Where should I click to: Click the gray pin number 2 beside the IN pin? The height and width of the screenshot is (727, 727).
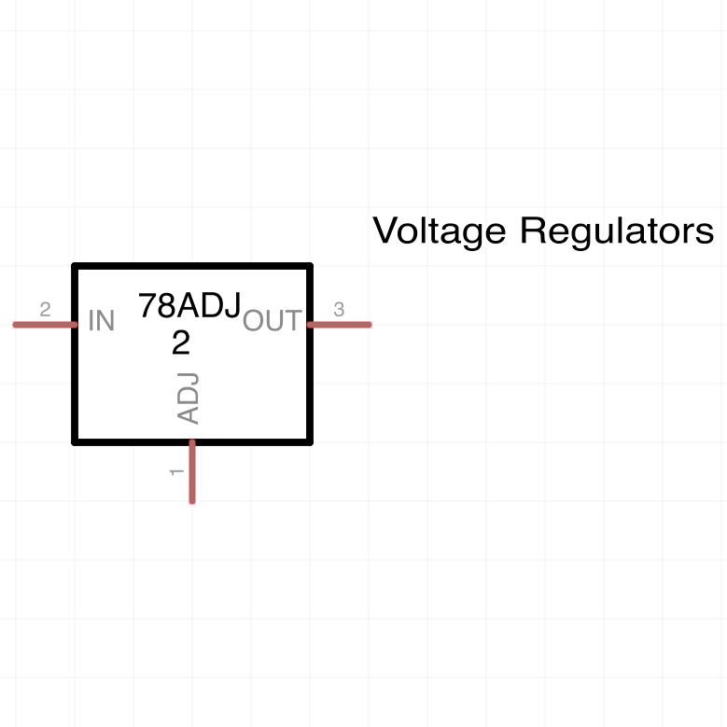pyautogui.click(x=45, y=309)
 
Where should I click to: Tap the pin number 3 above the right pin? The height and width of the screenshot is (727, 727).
pyautogui.click(x=339, y=309)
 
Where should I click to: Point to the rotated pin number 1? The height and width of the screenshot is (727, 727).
pyautogui.click(x=176, y=472)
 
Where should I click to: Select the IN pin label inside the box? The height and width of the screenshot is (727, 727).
pyautogui.click(x=101, y=320)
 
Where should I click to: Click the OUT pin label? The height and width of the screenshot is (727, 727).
pyautogui.click(x=273, y=320)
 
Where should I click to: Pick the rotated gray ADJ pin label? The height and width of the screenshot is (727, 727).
pyautogui.click(x=189, y=398)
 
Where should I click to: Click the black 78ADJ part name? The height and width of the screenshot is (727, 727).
pyautogui.click(x=189, y=305)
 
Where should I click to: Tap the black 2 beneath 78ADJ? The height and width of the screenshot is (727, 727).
pyautogui.click(x=181, y=343)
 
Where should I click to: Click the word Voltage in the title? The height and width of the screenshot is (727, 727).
pyautogui.click(x=439, y=231)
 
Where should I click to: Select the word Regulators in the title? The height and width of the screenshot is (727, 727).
pyautogui.click(x=617, y=230)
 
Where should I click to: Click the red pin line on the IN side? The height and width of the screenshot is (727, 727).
pyautogui.click(x=45, y=325)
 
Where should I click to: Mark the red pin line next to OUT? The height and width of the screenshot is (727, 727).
pyautogui.click(x=340, y=325)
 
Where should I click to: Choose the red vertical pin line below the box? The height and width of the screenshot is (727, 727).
pyautogui.click(x=192, y=471)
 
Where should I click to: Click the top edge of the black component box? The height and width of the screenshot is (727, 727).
pyautogui.click(x=192, y=266)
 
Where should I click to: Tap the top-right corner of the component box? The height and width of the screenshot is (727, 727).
pyautogui.click(x=310, y=266)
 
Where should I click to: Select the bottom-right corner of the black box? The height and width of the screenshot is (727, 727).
pyautogui.click(x=310, y=442)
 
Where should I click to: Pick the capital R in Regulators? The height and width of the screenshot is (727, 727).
pyautogui.click(x=532, y=230)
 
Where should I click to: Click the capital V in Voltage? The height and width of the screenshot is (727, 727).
pyautogui.click(x=387, y=230)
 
